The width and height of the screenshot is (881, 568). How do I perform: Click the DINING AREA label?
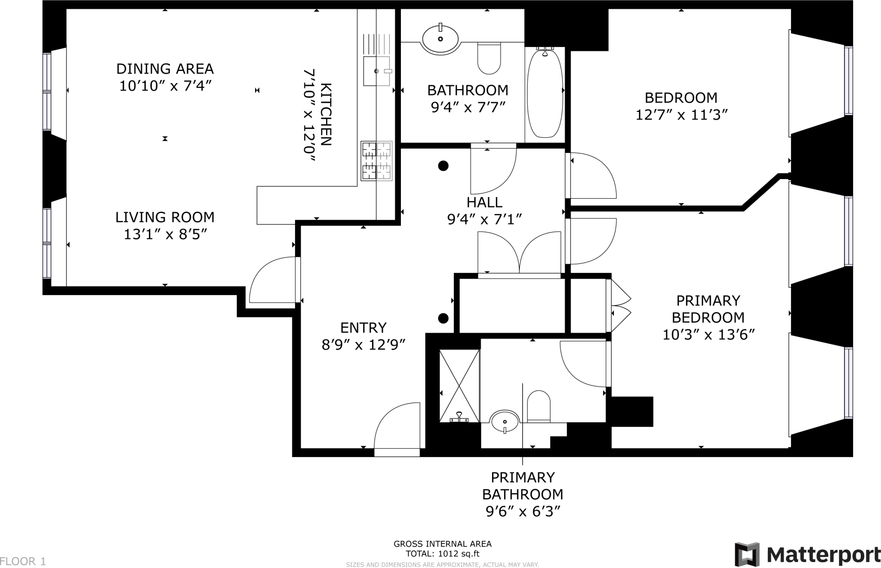coord(165,69)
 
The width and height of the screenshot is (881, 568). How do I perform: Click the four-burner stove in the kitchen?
coord(376,161)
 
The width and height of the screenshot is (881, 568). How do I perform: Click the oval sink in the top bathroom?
coord(440,39)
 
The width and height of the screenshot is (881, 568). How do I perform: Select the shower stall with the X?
coord(459,386)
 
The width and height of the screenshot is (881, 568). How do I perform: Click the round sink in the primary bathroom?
coord(504,422)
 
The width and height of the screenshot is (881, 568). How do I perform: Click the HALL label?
coord(484,202)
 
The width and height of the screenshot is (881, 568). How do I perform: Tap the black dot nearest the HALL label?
coord(443,166)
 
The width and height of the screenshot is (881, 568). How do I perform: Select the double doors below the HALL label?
coord(520,254)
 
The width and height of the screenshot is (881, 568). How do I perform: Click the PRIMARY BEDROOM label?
coord(708,309)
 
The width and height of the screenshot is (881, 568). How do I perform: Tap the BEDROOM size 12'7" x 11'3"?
coord(681,115)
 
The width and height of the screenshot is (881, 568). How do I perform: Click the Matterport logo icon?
coord(747,554)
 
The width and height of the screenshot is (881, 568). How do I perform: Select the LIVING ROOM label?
coord(165,217)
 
